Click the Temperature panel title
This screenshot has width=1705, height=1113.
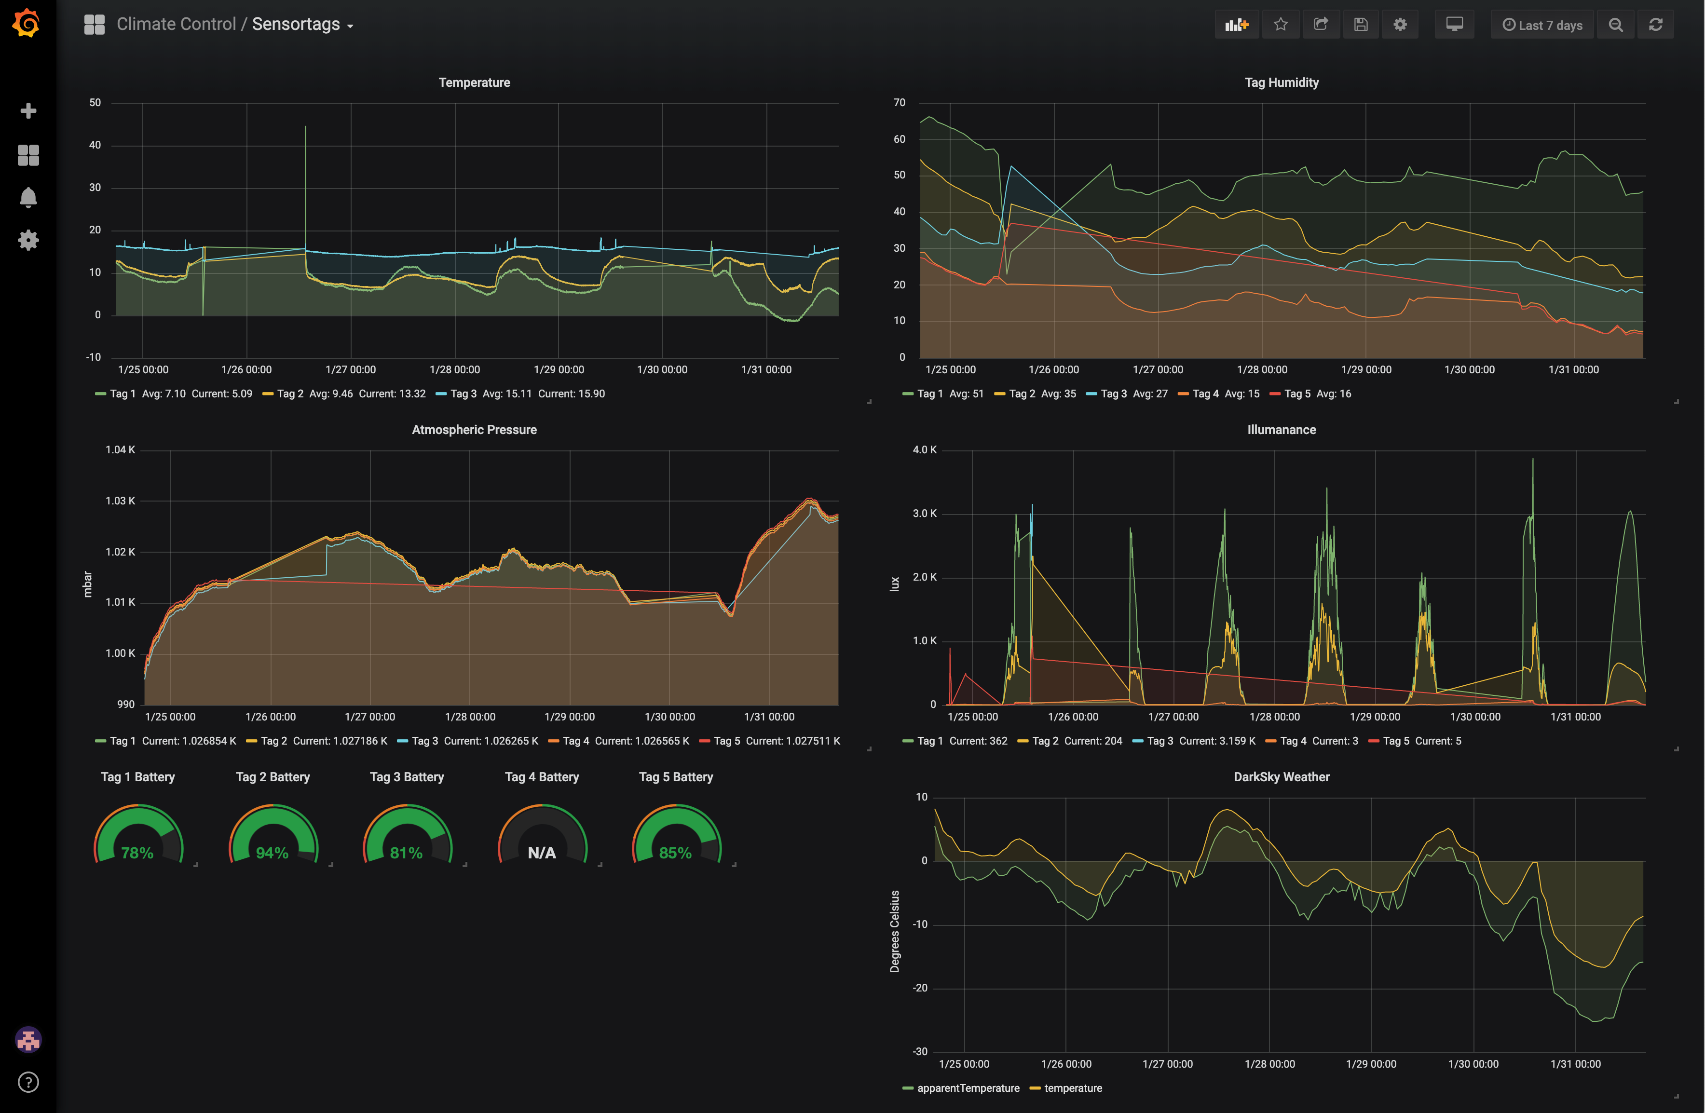click(474, 82)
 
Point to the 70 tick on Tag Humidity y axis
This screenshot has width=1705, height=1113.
click(899, 102)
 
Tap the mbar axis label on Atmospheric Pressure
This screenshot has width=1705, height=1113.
click(87, 584)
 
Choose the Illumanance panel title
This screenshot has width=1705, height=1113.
click(1281, 430)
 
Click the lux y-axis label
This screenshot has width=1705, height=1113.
click(894, 584)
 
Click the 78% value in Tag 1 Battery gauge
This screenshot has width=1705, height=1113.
click(137, 852)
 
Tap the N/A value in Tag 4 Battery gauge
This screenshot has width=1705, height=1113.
click(542, 852)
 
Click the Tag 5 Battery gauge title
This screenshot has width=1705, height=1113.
click(676, 777)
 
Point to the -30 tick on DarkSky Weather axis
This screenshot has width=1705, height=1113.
click(920, 1051)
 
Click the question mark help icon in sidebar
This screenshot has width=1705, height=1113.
click(28, 1082)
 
